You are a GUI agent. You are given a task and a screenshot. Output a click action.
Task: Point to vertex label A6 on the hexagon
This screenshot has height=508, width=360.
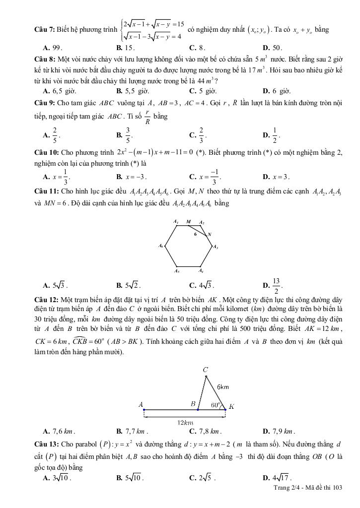pos(160,246)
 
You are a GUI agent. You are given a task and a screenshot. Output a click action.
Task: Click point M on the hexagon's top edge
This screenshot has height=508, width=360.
pos(188,222)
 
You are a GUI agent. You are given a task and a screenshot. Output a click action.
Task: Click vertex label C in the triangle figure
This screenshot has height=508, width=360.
pos(205,370)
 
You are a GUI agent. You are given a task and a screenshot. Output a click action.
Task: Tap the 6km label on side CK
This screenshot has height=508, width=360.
pos(223,386)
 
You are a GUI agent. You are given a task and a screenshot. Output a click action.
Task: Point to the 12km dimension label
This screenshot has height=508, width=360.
pos(185,423)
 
